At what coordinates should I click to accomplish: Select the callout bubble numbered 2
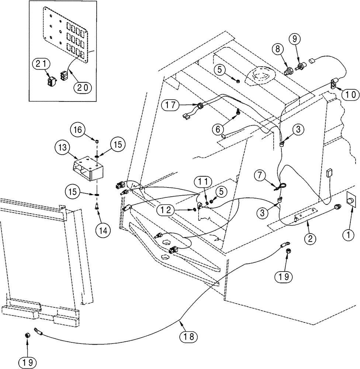point(309,239)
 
